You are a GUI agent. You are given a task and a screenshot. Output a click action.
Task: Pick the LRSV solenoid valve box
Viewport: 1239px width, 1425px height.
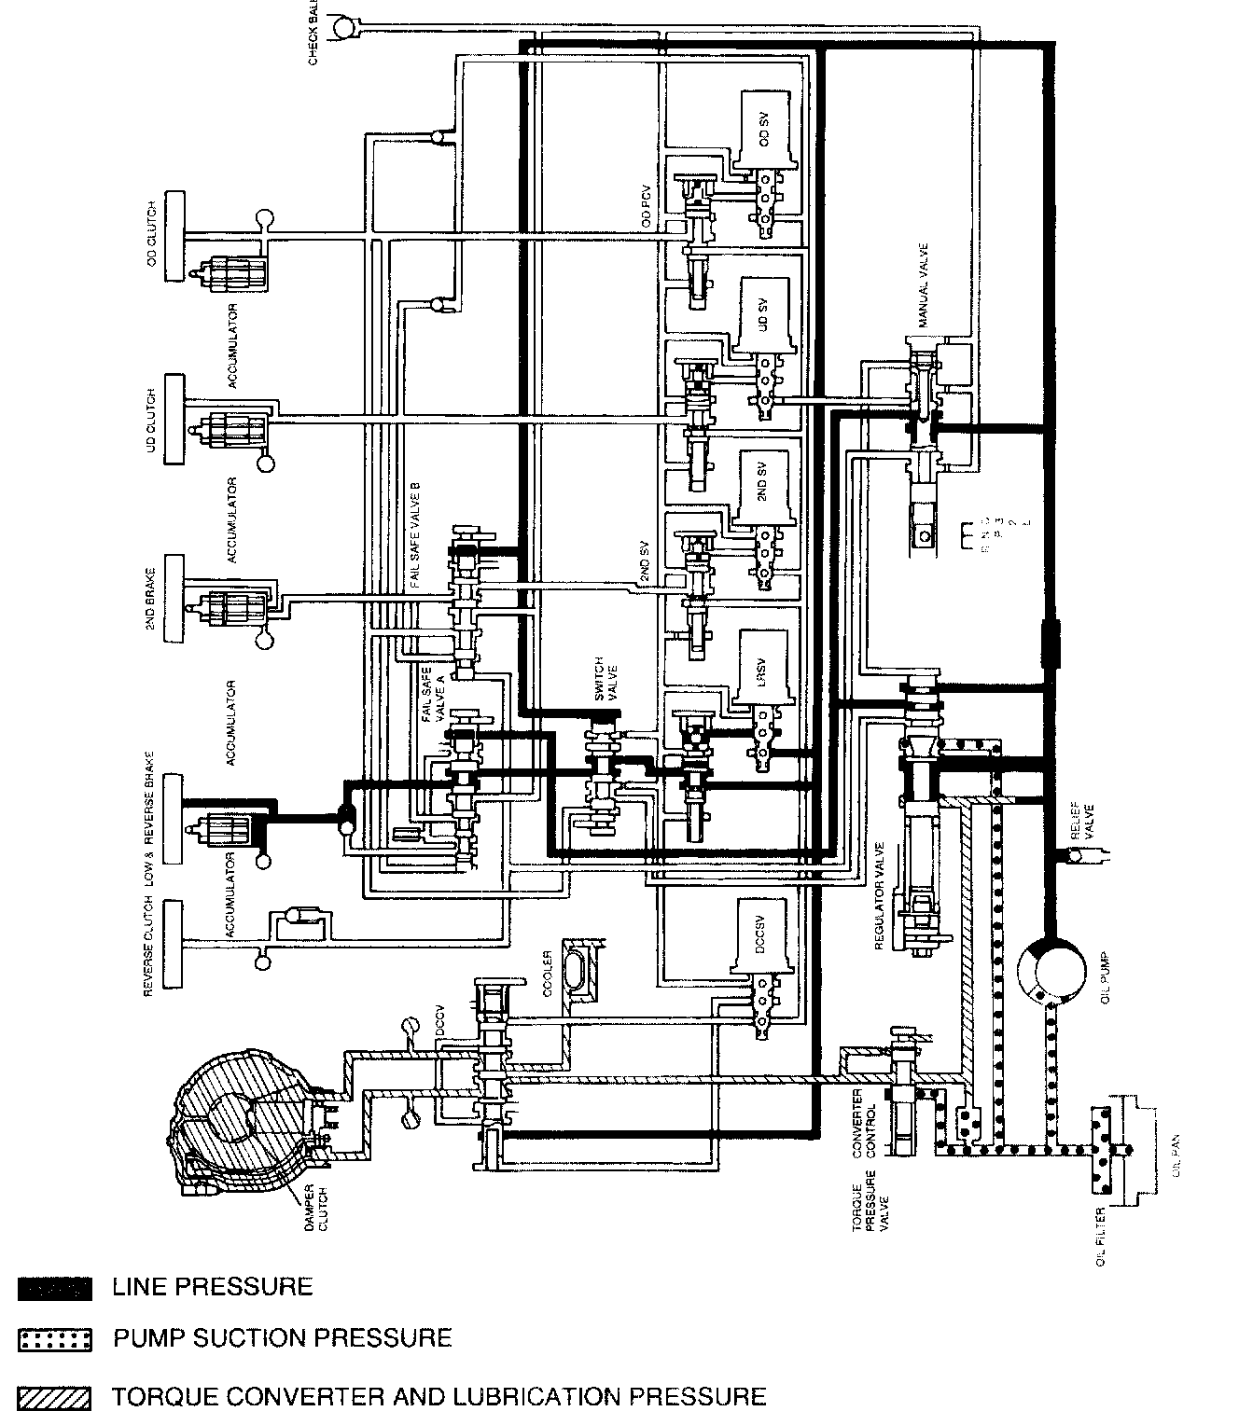[x=763, y=664]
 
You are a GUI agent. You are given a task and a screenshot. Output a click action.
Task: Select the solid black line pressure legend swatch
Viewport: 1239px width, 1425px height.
[x=54, y=1289]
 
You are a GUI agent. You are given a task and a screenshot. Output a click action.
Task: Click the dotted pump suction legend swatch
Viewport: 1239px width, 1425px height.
[x=54, y=1340]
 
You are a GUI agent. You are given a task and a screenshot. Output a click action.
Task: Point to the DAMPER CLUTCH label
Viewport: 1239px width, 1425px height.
[x=317, y=1209]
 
